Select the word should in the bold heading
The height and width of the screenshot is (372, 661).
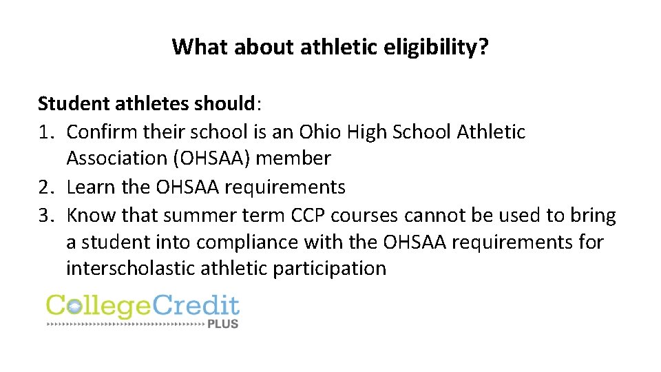[x=222, y=103]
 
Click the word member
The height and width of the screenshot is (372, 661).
[x=294, y=158]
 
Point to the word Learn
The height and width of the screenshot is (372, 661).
[x=87, y=187]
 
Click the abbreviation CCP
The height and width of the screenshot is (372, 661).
[x=307, y=216]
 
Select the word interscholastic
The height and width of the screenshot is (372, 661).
[x=131, y=269]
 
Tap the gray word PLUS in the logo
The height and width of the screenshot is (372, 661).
[x=222, y=323]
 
